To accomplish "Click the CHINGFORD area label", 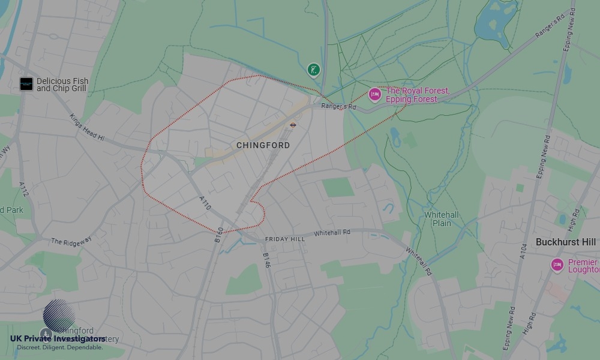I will tap(263, 145).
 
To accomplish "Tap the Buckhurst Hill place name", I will tap(566, 242).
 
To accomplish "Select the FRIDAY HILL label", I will tap(285, 239).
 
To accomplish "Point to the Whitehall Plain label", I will tap(442, 219).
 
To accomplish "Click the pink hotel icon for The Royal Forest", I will tap(375, 94).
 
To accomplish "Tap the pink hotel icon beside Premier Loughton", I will tap(557, 265).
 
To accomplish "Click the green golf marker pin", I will tap(313, 70).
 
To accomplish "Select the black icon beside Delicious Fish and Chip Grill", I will tap(26, 84).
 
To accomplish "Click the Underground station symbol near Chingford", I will tap(293, 125).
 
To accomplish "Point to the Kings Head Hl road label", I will tap(87, 127).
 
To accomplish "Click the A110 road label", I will tap(205, 202).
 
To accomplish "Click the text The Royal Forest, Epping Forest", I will tap(418, 95).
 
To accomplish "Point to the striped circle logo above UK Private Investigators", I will tap(59, 315).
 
